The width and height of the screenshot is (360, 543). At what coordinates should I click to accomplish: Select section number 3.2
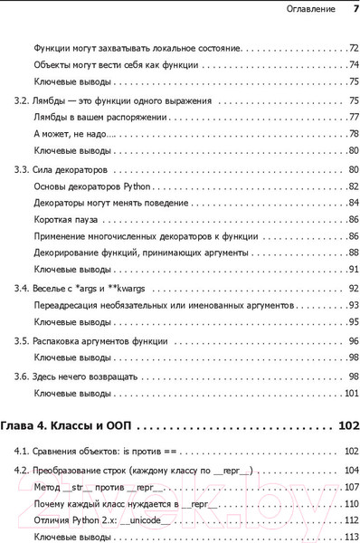click(21, 100)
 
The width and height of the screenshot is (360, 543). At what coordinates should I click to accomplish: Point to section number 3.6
click(21, 375)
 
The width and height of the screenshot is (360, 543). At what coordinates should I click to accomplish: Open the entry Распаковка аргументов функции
click(99, 340)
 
